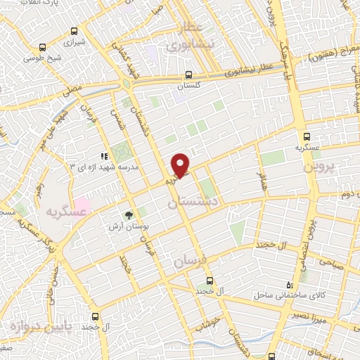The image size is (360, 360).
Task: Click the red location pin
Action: (181, 165)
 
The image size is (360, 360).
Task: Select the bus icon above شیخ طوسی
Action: (44, 49)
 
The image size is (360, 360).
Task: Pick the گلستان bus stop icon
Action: (188, 75)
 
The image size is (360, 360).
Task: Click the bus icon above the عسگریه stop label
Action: (306, 137)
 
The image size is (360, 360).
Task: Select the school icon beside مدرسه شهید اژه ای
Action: (104, 156)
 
